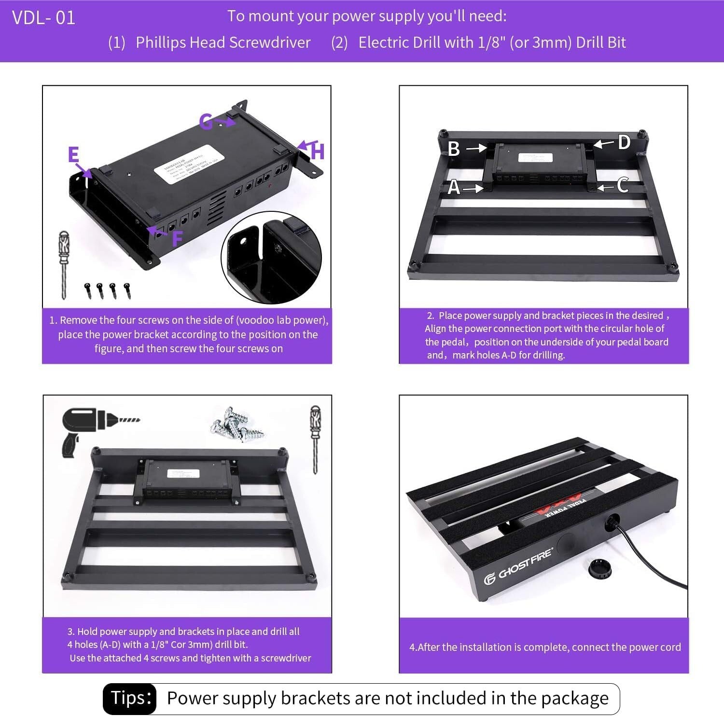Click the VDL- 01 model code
point(43,18)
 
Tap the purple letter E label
point(73,155)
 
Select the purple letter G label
point(206,122)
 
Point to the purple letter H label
point(317,151)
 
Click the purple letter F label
point(177,238)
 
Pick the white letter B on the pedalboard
point(454,149)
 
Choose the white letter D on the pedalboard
point(624,142)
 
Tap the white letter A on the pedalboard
point(454,187)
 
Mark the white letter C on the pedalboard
point(623,185)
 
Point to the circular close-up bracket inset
point(271,258)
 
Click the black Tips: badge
point(129,698)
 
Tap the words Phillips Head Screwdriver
point(223,42)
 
